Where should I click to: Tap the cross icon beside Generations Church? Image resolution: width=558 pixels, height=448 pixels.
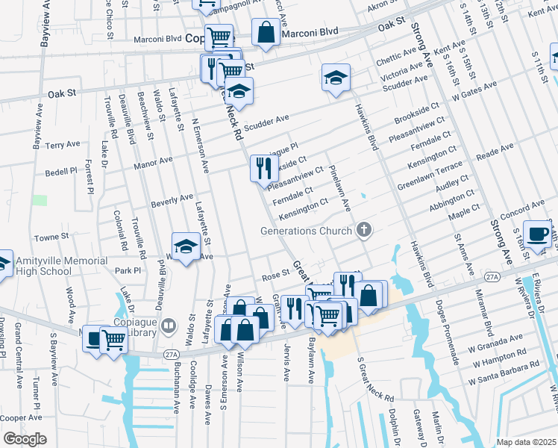click(x=364, y=230)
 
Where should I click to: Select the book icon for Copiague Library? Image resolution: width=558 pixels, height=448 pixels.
click(x=169, y=326)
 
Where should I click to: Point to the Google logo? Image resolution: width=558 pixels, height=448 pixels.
click(x=25, y=439)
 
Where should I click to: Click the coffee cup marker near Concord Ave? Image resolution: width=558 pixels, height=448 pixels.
click(x=537, y=234)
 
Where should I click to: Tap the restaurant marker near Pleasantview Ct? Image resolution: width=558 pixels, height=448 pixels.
click(x=262, y=169)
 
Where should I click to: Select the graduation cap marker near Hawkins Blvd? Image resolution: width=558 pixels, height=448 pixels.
click(x=336, y=77)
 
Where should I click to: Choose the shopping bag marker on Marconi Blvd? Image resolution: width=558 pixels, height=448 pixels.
click(x=265, y=32)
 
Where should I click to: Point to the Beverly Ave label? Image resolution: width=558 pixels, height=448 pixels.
click(x=172, y=200)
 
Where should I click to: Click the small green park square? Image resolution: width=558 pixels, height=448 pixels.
click(x=40, y=200)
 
